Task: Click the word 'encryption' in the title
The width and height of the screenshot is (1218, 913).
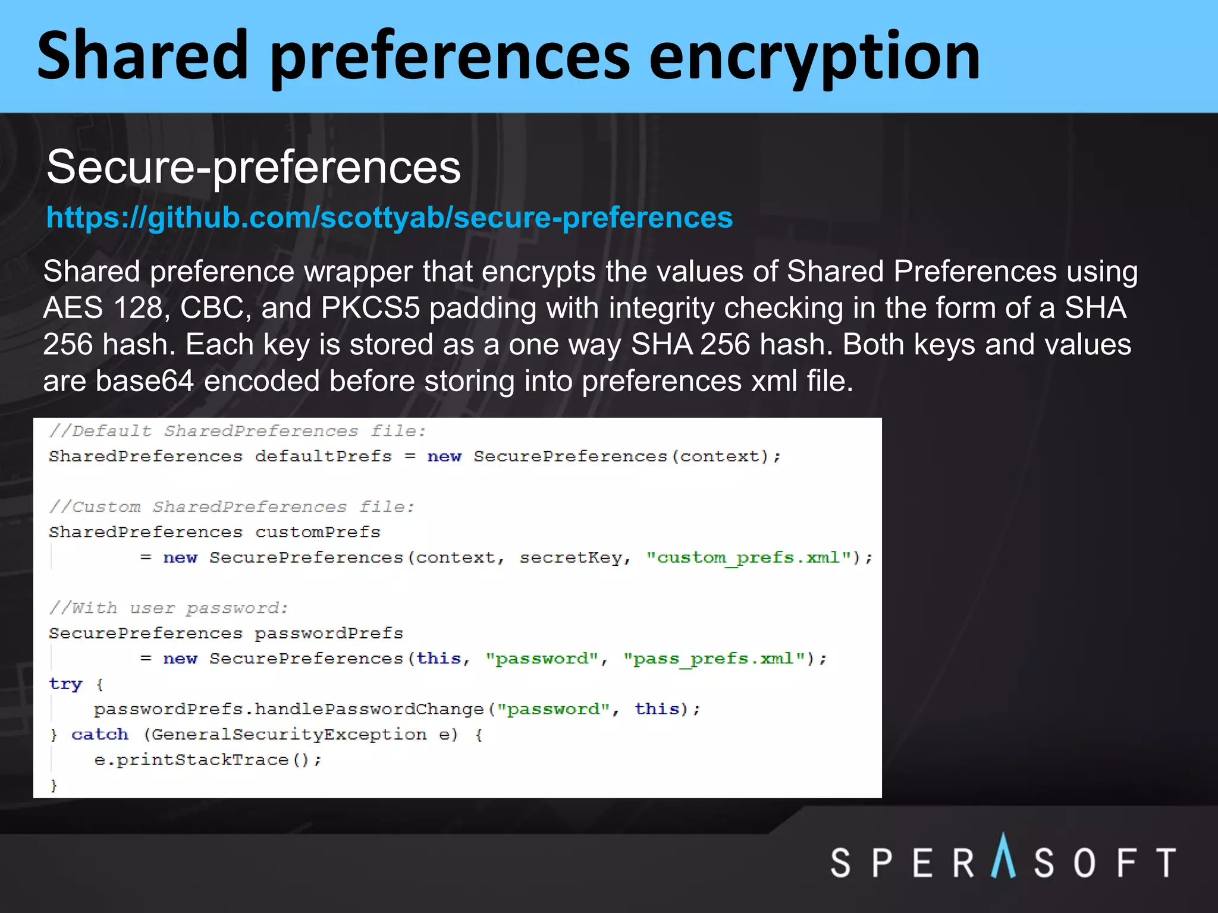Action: coord(814,58)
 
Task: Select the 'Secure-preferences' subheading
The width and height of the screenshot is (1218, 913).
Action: coord(253,167)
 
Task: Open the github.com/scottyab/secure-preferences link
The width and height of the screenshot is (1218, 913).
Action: coord(390,218)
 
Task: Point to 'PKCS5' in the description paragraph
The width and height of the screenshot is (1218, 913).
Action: coord(370,308)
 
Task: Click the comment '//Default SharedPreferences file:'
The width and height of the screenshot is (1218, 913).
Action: coord(237,431)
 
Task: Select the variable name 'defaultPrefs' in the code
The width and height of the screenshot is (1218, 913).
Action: coord(323,456)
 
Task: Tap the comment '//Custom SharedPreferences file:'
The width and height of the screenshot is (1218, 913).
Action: coord(231,507)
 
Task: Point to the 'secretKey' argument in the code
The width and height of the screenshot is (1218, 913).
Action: coord(570,558)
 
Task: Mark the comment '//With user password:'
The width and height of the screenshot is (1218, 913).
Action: coord(168,608)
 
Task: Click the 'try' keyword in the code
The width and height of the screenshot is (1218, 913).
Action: coord(65,684)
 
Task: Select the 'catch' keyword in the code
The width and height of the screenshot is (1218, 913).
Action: coord(99,735)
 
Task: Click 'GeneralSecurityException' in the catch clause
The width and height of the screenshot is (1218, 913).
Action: coord(288,735)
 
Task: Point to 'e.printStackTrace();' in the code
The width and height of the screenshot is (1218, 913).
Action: coord(208,760)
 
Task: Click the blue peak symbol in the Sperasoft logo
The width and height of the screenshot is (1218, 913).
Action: coord(1003,857)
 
